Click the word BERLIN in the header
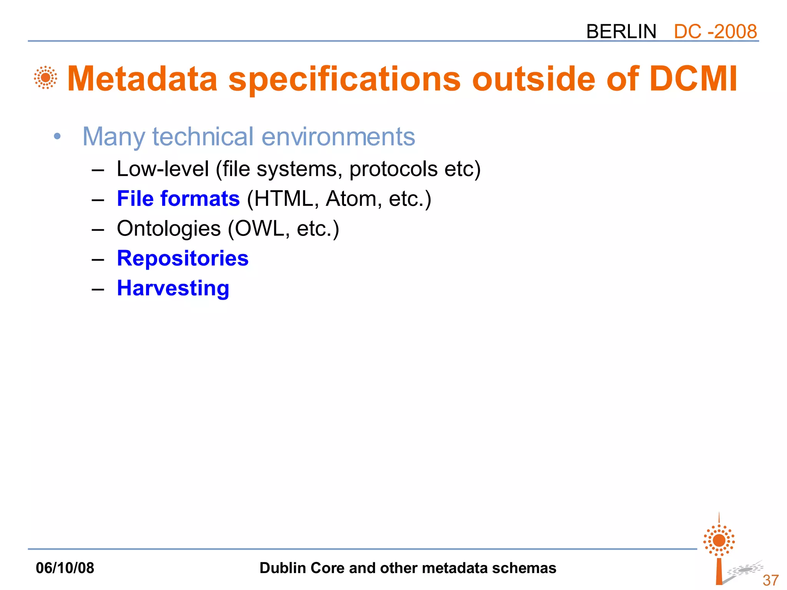pyautogui.click(x=621, y=31)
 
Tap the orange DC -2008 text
pyautogui.click(x=715, y=31)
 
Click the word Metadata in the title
pyautogui.click(x=143, y=79)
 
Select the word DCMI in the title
pyautogui.click(x=693, y=79)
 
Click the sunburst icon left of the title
pyautogui.click(x=45, y=78)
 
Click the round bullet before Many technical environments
pyautogui.click(x=57, y=136)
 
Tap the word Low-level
pyautogui.click(x=163, y=169)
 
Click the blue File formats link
pyautogui.click(x=178, y=199)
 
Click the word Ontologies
pyautogui.click(x=169, y=229)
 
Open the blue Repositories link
pyautogui.click(x=183, y=258)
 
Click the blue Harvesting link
pyautogui.click(x=173, y=288)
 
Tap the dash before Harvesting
pyautogui.click(x=98, y=289)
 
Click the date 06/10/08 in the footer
pyautogui.click(x=65, y=568)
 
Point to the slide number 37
pyautogui.click(x=770, y=580)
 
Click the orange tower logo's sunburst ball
pyautogui.click(x=719, y=540)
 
